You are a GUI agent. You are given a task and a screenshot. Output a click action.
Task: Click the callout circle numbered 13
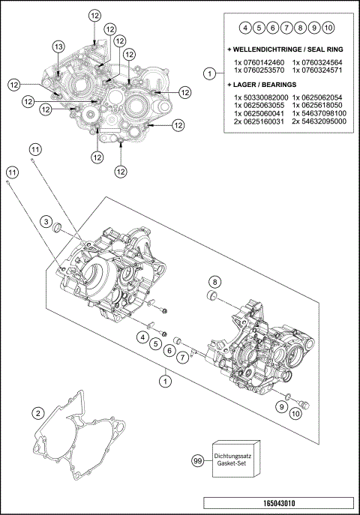pyautogui.click(x=58, y=46)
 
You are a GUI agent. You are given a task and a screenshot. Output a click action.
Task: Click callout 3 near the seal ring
pyautogui.click(x=46, y=223)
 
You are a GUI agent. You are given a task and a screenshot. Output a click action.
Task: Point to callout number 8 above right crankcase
pyautogui.click(x=214, y=282)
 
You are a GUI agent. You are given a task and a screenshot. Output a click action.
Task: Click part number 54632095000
pyautogui.click(x=319, y=121)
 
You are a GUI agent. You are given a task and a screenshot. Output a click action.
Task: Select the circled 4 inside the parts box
pyautogui.click(x=244, y=28)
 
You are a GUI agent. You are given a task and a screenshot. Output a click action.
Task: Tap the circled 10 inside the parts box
pyautogui.click(x=328, y=28)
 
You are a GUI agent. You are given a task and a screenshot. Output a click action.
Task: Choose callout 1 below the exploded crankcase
pyautogui.click(x=163, y=381)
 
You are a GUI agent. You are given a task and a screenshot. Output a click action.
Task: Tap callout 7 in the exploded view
pyautogui.click(x=181, y=357)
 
